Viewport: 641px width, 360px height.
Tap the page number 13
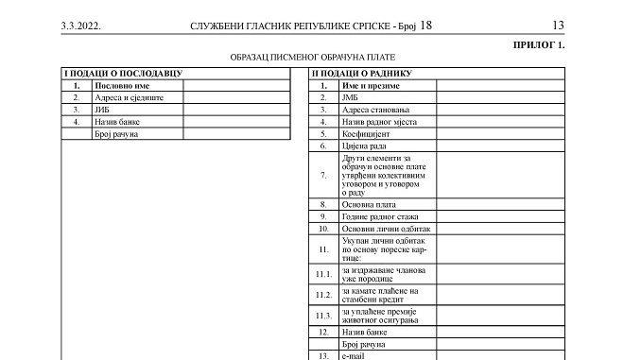[558, 26]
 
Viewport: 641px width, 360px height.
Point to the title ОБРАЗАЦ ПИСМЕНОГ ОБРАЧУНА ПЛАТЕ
[312, 58]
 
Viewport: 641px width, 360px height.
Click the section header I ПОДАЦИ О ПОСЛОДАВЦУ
[122, 73]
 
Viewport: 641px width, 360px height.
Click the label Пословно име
[119, 85]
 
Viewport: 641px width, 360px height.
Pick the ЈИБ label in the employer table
[102, 110]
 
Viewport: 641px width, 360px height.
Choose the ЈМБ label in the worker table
[351, 97]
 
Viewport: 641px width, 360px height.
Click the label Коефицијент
[367, 134]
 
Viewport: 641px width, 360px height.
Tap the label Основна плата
[370, 204]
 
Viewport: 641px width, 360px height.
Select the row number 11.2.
[323, 295]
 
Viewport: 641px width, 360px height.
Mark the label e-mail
[355, 355]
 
